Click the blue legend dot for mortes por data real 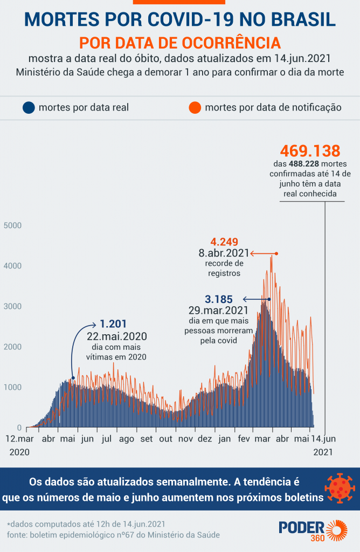coord(29,107)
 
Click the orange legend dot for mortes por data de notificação coord(196,107)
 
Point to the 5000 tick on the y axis coord(12,225)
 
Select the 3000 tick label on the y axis coord(12,306)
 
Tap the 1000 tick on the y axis coord(12,387)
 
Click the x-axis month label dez coord(205,439)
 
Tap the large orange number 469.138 coord(310,150)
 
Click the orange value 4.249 coord(224,242)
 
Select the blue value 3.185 coord(219,299)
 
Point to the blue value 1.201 coord(113,324)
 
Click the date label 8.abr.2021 coord(224,253)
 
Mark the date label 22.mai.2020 coord(117,336)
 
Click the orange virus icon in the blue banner coord(338,489)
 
